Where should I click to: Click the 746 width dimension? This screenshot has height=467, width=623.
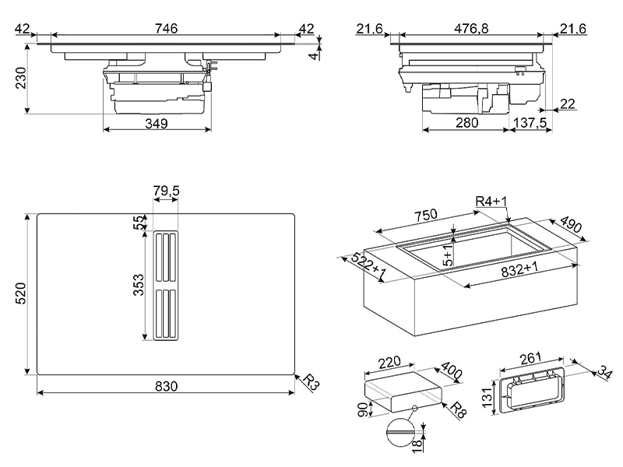(166, 29)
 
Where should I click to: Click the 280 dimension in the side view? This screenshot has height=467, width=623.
(466, 123)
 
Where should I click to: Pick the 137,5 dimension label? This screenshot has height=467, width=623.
(530, 123)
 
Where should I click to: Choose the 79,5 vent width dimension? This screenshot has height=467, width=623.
(166, 191)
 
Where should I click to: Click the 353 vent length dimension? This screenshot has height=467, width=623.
(137, 286)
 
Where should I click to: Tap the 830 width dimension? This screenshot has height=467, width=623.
(166, 386)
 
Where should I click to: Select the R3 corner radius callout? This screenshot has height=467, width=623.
(310, 382)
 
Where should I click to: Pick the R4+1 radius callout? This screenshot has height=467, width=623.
(491, 202)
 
